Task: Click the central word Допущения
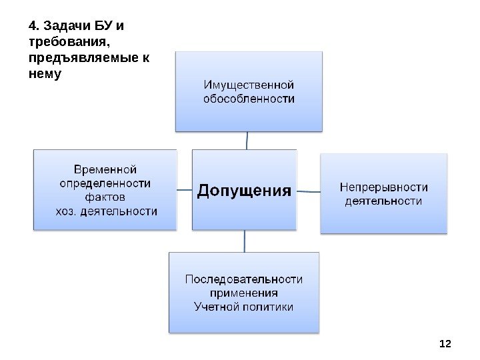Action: (x=245, y=191)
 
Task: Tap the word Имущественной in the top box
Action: (x=248, y=85)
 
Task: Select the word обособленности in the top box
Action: (x=248, y=99)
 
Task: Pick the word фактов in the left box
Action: (x=105, y=197)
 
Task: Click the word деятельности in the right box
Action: (x=383, y=201)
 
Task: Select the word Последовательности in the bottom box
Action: (x=243, y=279)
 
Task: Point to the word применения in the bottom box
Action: (x=243, y=293)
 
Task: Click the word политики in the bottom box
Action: (x=269, y=307)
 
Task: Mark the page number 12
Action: (x=445, y=343)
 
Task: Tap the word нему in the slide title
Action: (x=45, y=73)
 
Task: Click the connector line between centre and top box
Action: (x=247, y=140)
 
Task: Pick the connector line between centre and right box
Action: (x=308, y=191)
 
